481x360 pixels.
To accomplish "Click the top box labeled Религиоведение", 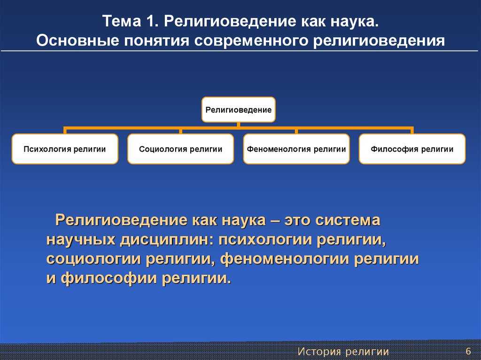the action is [238, 109].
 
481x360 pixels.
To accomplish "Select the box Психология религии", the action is [65, 149].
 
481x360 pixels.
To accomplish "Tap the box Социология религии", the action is [180, 149].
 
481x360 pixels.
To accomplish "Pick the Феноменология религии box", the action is [296, 149].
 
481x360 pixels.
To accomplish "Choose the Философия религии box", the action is [412, 149].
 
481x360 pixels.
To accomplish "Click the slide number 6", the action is [468, 351].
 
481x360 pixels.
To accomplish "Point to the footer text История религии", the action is [343, 352].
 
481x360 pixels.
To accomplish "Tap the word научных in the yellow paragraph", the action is [81, 240].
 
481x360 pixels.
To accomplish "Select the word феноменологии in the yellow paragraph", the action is [285, 259].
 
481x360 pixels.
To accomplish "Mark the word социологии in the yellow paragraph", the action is [93, 260].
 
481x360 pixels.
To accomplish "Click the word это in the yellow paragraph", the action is [297, 220].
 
